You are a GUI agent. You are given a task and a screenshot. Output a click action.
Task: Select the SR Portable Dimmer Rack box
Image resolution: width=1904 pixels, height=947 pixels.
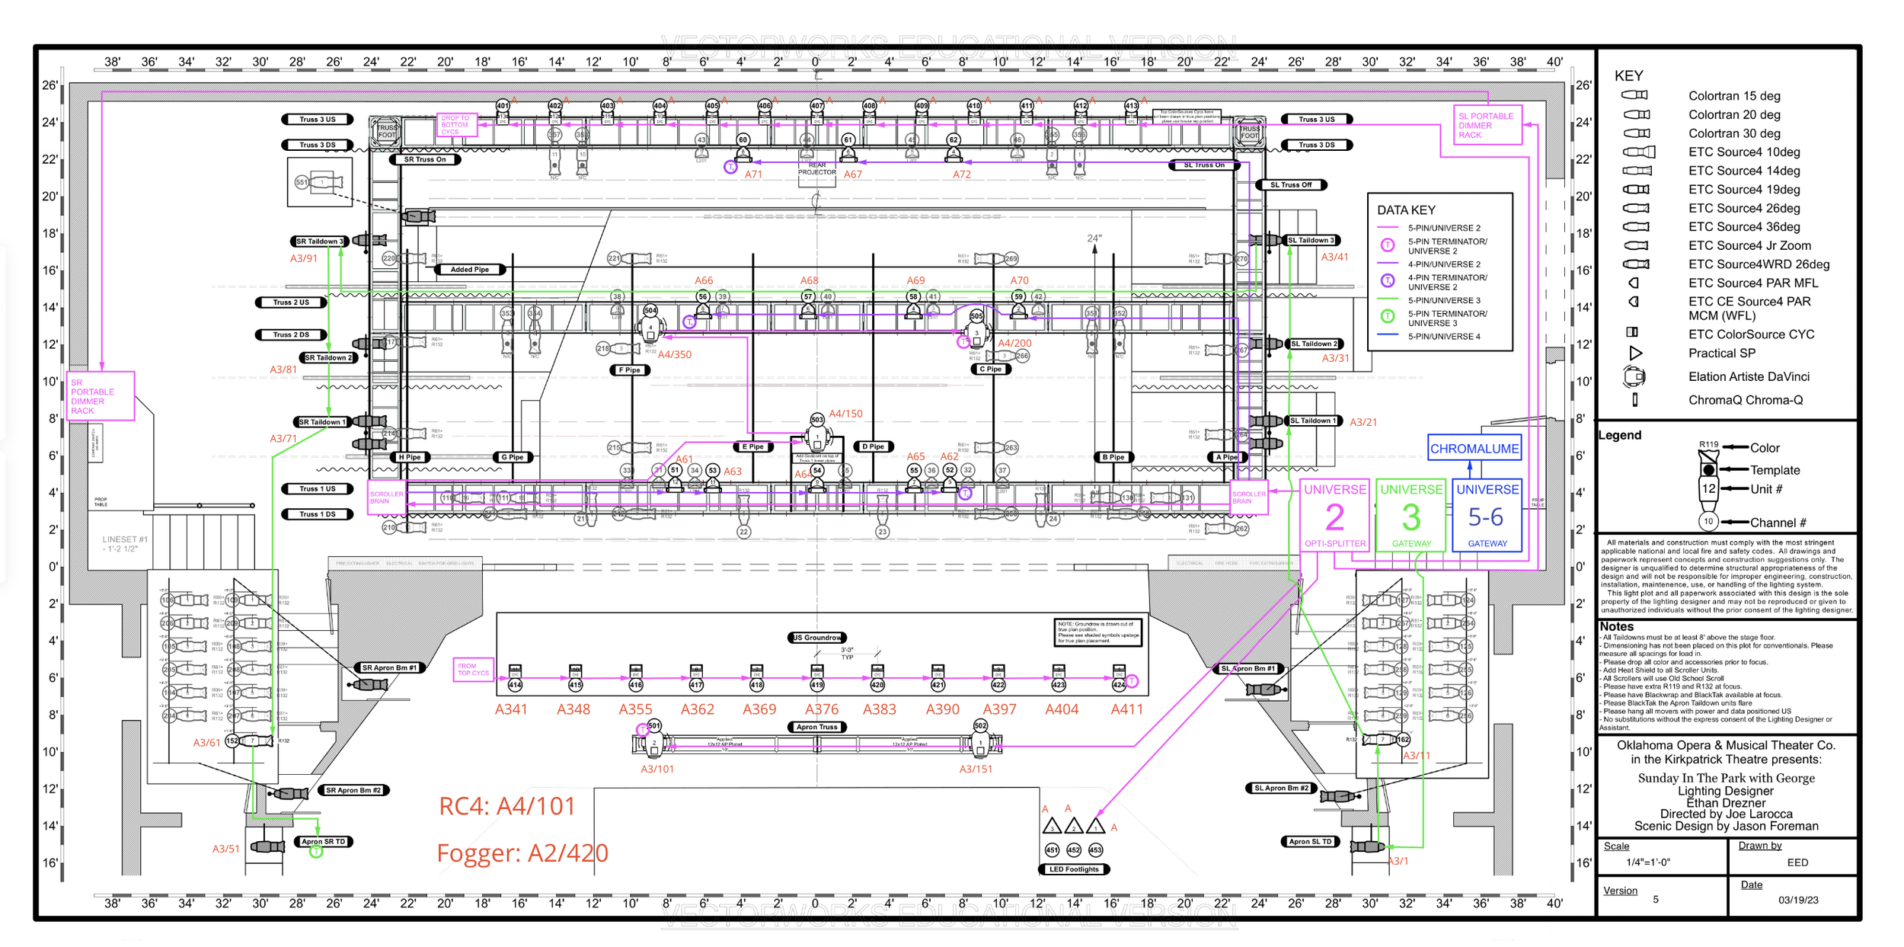point(101,396)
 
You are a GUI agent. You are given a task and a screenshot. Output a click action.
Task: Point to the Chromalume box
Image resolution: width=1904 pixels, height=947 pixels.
point(1474,449)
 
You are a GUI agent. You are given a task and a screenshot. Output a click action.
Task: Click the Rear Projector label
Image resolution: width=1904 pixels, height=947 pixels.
point(816,168)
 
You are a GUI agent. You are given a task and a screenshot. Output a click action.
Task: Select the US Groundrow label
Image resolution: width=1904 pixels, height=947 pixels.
point(816,638)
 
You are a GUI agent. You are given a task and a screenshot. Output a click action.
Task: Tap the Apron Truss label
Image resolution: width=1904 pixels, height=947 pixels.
point(816,727)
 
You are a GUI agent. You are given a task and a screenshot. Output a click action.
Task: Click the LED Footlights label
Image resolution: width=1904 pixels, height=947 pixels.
point(1073,869)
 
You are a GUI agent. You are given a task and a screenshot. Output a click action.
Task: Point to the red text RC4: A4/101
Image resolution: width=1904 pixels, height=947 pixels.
point(506,806)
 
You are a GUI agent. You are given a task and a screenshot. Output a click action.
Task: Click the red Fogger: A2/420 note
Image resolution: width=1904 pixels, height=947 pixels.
point(522,853)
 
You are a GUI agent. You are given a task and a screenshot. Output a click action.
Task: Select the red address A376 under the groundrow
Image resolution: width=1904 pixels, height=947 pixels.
point(821,709)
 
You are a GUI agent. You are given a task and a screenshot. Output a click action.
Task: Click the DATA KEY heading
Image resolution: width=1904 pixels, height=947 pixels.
point(1406,210)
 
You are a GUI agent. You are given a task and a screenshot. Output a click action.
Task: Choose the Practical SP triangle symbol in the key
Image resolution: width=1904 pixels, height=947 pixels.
point(1634,354)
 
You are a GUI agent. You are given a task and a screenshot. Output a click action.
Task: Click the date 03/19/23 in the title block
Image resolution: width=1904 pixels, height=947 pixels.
point(1797,900)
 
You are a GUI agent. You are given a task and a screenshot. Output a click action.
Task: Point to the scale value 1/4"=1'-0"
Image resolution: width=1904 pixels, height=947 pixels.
point(1647,862)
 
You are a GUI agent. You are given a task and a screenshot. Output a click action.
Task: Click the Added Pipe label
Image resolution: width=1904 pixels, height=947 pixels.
point(469,270)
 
